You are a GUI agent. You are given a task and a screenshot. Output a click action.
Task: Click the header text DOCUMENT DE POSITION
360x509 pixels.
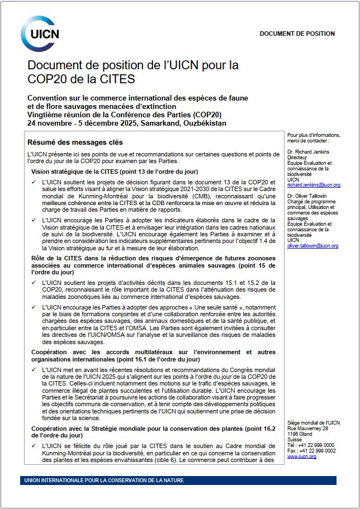tap(297, 34)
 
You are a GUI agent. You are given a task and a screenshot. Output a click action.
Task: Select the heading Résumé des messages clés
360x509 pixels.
tap(75, 142)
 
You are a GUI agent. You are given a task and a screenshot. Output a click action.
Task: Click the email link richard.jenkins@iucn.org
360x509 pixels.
tap(314, 184)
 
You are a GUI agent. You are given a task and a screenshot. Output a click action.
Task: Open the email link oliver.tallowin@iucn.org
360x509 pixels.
tap(313, 245)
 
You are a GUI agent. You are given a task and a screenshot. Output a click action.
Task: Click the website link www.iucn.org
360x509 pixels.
tap(301, 456)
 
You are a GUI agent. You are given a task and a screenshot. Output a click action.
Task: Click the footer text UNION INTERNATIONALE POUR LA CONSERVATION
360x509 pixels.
tap(104, 481)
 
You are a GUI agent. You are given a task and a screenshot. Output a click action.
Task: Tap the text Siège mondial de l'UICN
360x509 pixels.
tap(312, 423)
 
